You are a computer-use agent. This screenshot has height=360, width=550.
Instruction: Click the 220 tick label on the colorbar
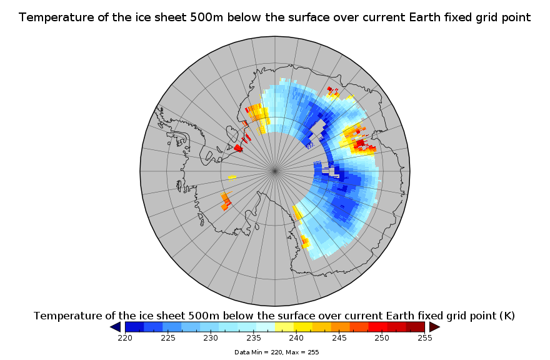click(x=125, y=338)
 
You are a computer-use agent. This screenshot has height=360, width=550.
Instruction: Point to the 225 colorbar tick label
click(x=168, y=338)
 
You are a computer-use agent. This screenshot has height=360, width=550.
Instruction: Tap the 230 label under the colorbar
click(x=211, y=338)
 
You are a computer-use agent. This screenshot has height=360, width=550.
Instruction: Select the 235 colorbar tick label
click(x=254, y=338)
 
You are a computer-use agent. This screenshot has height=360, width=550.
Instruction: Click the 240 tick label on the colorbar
click(x=296, y=338)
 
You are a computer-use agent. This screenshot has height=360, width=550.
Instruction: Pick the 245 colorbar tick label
click(x=339, y=338)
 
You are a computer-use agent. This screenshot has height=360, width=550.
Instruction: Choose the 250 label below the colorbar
click(x=382, y=338)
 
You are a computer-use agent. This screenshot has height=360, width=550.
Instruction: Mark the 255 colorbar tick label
click(x=425, y=338)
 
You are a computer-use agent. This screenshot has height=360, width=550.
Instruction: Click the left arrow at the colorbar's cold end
click(x=116, y=327)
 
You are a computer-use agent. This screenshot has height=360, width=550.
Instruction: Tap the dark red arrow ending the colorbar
click(x=434, y=327)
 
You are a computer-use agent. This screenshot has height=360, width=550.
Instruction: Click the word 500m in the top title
click(x=206, y=17)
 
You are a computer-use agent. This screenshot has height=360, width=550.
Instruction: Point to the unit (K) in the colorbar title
click(x=507, y=316)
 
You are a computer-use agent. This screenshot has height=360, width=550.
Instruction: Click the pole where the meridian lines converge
click(x=274, y=171)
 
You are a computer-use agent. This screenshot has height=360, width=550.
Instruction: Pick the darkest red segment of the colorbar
click(x=415, y=327)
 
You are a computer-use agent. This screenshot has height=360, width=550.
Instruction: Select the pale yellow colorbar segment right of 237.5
click(x=284, y=327)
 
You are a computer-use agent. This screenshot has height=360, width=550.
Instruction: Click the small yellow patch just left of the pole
click(x=232, y=177)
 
